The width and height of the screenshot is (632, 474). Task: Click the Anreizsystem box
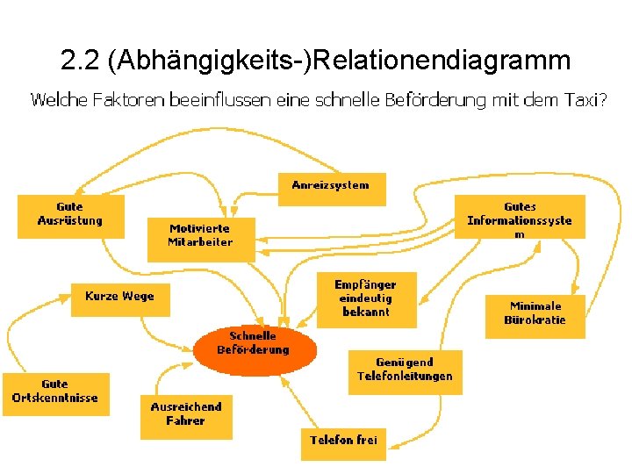click(x=331, y=187)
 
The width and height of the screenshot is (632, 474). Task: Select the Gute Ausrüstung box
click(x=70, y=215)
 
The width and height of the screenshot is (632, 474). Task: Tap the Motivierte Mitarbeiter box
click(x=201, y=238)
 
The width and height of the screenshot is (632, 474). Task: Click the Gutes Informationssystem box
click(x=520, y=217)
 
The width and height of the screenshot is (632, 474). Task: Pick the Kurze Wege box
click(x=120, y=298)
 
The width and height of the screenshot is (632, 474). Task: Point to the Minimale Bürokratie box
click(x=535, y=314)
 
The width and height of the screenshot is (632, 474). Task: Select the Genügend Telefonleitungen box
click(x=405, y=370)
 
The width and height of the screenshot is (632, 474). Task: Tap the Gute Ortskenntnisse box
click(x=55, y=392)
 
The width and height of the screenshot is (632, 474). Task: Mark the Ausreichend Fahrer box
click(x=186, y=415)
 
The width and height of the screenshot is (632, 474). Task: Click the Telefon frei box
click(x=343, y=441)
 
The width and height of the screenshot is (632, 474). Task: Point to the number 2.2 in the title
click(x=80, y=61)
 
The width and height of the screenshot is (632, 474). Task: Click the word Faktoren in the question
click(x=126, y=100)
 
